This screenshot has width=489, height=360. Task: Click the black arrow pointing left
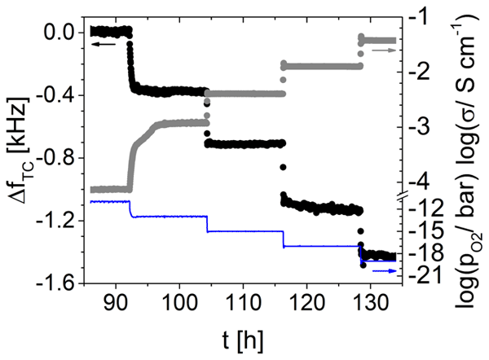click(103, 45)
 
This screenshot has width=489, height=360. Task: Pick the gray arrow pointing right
click(384, 50)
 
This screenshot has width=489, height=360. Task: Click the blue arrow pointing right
click(384, 270)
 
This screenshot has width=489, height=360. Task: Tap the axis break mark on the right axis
click(397, 195)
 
